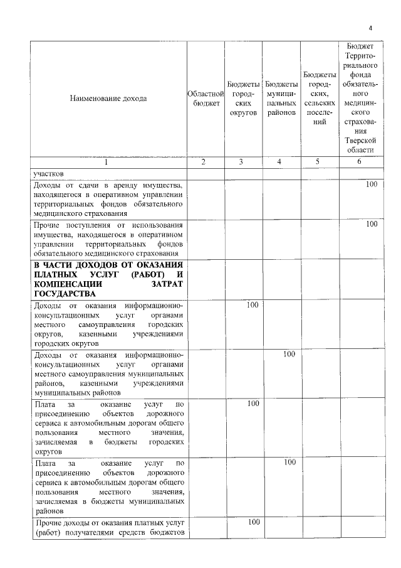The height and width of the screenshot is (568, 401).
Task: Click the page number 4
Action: [370, 28]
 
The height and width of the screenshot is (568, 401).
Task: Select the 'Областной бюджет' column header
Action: [204, 99]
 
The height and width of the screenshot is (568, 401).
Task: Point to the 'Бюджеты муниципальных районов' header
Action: [280, 99]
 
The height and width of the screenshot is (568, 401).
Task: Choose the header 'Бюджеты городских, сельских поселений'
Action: [319, 99]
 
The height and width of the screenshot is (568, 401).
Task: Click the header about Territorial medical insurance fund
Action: [360, 98]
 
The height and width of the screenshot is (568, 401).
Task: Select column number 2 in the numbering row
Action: [204, 162]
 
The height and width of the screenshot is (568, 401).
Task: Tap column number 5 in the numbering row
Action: [318, 162]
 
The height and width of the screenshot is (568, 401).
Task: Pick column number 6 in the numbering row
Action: [360, 162]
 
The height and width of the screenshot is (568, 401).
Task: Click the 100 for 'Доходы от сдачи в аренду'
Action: [372, 185]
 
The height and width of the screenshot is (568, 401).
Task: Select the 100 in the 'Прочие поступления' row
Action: [372, 224]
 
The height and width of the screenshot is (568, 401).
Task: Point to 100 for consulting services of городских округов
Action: [253, 305]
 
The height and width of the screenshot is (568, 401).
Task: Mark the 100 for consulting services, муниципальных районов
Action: [289, 354]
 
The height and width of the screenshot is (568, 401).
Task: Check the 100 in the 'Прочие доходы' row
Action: [253, 522]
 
